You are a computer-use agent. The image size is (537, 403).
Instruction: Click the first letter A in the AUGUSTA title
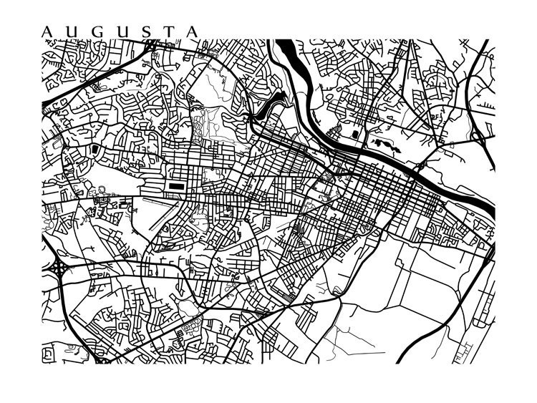point(47,31)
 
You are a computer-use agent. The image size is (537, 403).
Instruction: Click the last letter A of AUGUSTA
point(192,31)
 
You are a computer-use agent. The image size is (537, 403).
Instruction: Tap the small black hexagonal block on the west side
point(95,149)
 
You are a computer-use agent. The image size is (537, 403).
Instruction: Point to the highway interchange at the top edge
point(151,46)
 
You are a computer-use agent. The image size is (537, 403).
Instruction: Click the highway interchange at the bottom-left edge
point(100,358)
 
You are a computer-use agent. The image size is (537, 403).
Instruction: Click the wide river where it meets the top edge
point(282,47)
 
